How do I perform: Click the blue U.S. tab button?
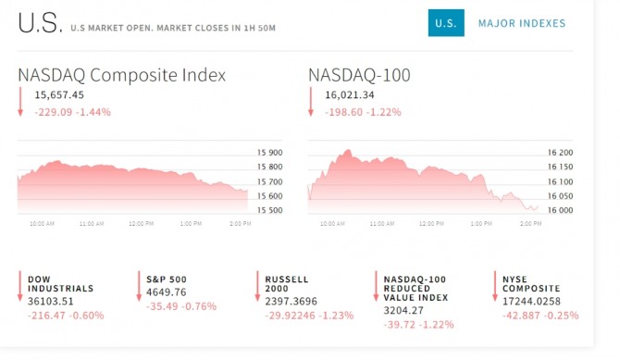click(446, 23)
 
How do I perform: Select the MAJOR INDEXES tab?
click(522, 23)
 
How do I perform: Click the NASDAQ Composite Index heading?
click(122, 75)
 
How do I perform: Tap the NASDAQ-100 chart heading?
click(359, 75)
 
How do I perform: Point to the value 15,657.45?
click(59, 95)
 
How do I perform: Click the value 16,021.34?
click(350, 95)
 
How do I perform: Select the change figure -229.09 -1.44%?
click(73, 112)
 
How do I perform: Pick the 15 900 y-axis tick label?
click(269, 153)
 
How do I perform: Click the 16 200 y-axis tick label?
click(560, 153)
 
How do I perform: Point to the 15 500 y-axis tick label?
click(269, 210)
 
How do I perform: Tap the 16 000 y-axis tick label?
click(560, 210)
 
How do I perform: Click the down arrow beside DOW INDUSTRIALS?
click(20, 286)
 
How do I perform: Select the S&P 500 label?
click(166, 279)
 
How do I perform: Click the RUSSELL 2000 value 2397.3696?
click(291, 302)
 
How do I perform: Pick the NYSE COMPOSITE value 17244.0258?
click(531, 302)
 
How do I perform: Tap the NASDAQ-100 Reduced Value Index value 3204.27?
click(403, 311)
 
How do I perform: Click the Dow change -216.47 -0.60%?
click(66, 316)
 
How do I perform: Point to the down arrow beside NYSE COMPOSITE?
click(495, 286)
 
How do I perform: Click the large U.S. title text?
click(40, 23)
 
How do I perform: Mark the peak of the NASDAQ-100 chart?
click(348, 150)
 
